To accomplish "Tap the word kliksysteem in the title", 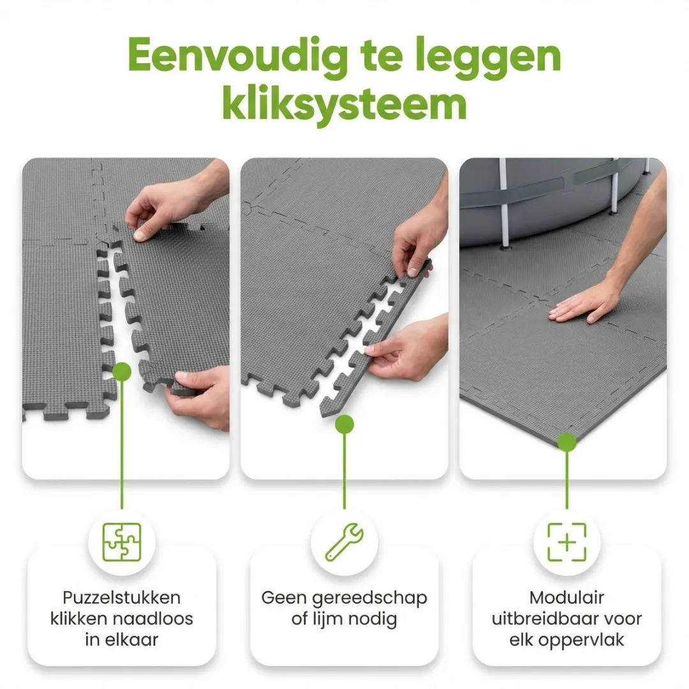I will click(344, 103).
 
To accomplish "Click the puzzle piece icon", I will click(121, 542).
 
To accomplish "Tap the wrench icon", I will click(344, 542).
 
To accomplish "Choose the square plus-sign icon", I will click(567, 542).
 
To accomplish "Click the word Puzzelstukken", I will click(121, 598).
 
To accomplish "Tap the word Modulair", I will click(567, 598).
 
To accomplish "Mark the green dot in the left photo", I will click(121, 371).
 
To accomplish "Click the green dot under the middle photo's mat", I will click(344, 424).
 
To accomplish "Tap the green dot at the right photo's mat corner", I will click(567, 441).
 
